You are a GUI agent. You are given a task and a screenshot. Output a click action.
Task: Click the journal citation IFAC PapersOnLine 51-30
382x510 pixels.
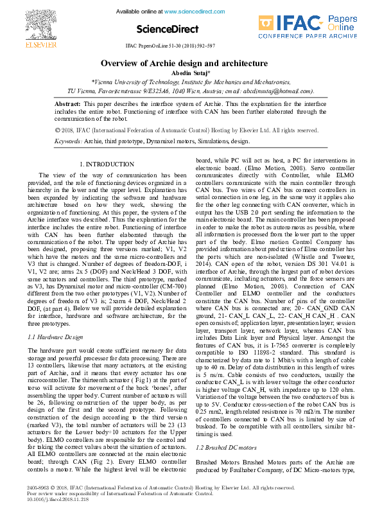click(x=169, y=47)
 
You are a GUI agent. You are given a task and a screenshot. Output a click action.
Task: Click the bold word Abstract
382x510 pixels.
click(x=67, y=103)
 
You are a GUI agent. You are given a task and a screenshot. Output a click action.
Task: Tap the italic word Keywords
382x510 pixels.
click(x=68, y=140)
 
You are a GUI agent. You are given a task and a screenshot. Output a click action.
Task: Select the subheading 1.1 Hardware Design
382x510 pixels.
click(x=55, y=337)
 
